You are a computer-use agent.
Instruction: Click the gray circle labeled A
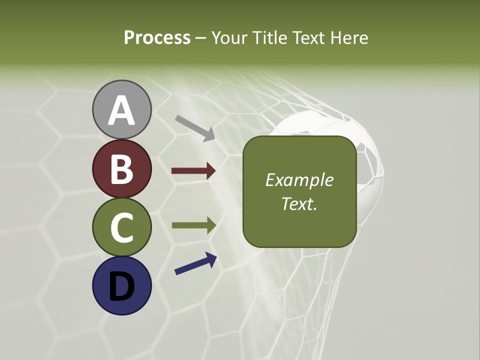[121, 109]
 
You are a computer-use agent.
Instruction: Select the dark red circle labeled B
[121, 168]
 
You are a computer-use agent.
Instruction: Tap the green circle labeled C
[121, 227]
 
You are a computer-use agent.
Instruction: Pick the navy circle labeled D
[121, 285]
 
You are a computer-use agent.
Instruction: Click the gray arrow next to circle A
[194, 128]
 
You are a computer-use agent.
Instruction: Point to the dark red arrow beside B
[193, 171]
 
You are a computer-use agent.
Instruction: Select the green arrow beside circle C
[193, 225]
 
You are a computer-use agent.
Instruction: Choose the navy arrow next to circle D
[195, 263]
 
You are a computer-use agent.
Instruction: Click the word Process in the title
[157, 37]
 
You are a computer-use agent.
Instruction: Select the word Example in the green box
[299, 180]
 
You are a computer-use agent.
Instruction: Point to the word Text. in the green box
[299, 203]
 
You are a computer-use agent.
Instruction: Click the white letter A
[121, 110]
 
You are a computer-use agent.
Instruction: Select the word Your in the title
[229, 37]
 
